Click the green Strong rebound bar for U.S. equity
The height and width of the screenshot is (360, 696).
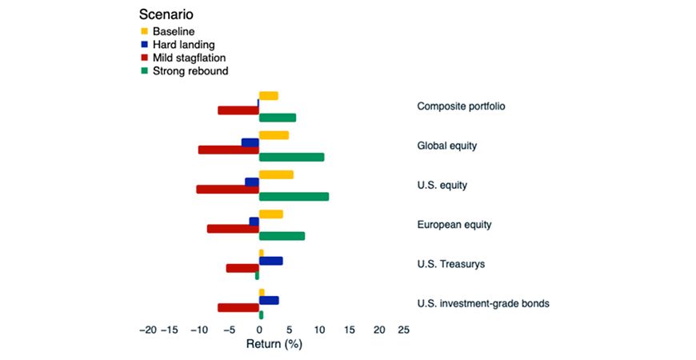tap(294, 196)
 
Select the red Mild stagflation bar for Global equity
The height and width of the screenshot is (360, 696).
tap(228, 150)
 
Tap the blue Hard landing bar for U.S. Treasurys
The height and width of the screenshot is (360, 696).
tap(270, 261)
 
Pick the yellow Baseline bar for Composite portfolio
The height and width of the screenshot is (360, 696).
tap(268, 96)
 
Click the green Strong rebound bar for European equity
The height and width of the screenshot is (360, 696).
tap(282, 236)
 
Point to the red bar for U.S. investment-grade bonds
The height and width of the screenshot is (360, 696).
tap(238, 307)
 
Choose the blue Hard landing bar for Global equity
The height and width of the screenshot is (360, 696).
tap(250, 142)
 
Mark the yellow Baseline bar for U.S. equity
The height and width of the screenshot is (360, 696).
tap(276, 175)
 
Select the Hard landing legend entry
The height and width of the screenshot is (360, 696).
tap(178, 45)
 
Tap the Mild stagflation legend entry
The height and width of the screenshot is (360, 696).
tap(182, 58)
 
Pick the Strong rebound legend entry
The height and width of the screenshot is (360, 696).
tap(183, 71)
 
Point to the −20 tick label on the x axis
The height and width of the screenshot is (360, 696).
tap(148, 330)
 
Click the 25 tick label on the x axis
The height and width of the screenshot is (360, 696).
tap(403, 330)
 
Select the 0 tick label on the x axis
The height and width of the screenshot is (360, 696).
tap(259, 330)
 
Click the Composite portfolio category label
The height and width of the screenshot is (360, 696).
tap(461, 106)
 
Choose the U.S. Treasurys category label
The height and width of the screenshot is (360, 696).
tap(451, 264)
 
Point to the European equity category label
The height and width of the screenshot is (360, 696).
tap(454, 225)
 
